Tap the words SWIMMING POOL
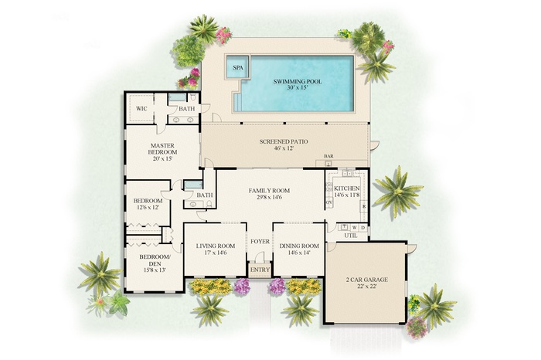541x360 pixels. coord(297,80)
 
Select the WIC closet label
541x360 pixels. coord(141,109)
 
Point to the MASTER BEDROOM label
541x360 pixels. coord(163,149)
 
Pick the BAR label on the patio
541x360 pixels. coord(328,156)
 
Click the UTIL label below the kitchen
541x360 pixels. coord(349,236)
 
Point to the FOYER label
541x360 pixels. coord(260,241)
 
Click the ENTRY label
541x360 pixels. coord(260,270)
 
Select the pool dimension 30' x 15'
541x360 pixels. coord(297,89)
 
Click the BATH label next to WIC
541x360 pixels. coord(188,109)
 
